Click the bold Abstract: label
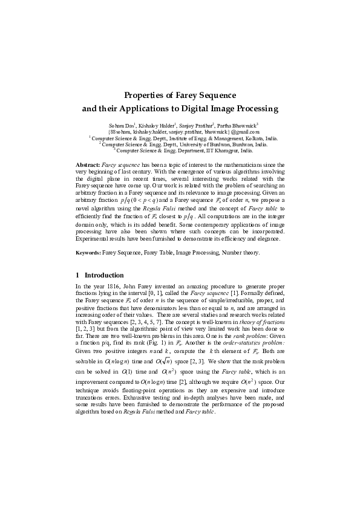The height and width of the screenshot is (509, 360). point(88,164)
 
